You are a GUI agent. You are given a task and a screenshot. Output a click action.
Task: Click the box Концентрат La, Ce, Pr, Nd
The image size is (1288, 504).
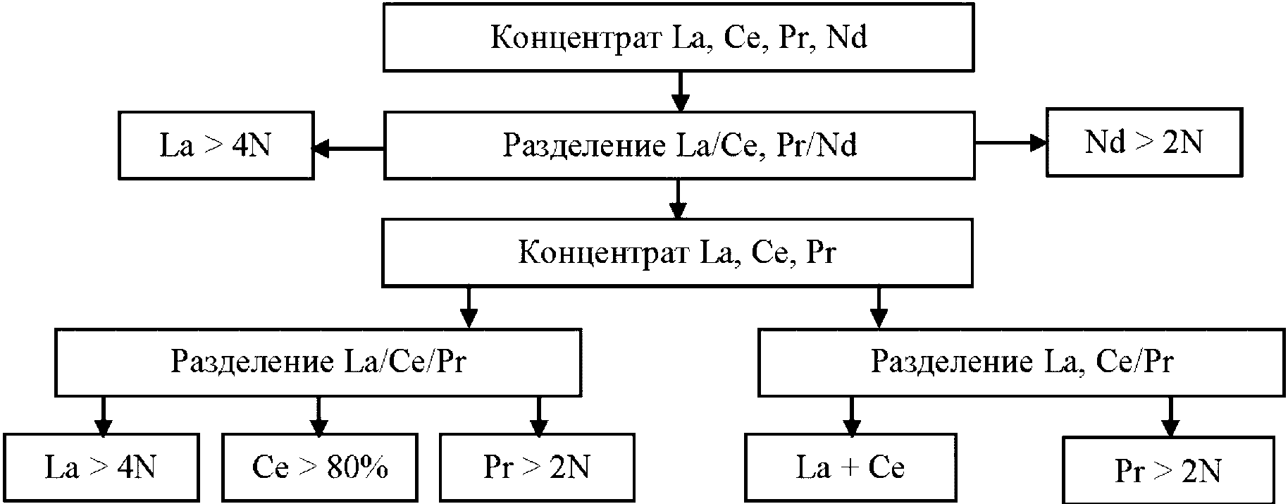[678, 37]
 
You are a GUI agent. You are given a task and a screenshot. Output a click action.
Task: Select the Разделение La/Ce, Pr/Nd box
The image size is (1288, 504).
[679, 145]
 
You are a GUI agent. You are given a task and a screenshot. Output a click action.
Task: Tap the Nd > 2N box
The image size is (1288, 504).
[1143, 142]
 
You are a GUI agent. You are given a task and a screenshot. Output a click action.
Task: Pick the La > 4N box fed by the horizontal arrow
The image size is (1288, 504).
[216, 145]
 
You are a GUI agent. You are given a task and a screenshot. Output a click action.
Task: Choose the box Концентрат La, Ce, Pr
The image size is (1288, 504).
[677, 252]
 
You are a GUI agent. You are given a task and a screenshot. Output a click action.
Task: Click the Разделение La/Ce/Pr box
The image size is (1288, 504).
[318, 361]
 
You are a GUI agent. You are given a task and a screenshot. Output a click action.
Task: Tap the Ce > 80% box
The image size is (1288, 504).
[319, 467]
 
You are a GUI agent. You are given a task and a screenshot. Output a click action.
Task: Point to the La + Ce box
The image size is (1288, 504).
[850, 467]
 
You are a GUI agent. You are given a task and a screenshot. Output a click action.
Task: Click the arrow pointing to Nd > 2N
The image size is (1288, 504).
[1010, 143]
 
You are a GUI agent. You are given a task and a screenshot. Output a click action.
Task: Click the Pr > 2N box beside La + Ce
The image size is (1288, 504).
[1168, 470]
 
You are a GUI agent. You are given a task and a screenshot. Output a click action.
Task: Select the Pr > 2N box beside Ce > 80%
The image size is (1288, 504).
[537, 467]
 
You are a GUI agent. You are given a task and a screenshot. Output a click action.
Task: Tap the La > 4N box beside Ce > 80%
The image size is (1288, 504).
[101, 467]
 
